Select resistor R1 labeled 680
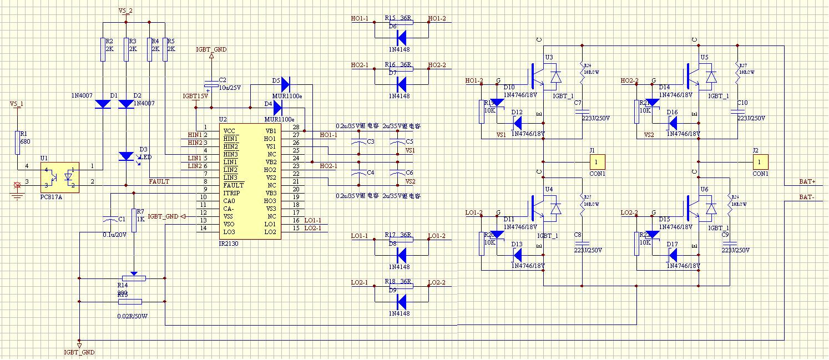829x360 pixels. (17, 142)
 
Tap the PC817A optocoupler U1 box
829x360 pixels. (59, 177)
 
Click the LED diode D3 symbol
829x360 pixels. (127, 156)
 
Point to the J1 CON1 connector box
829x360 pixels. (597, 162)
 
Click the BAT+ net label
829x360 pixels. (807, 181)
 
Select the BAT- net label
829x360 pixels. (807, 197)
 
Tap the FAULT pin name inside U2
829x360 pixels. (234, 185)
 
